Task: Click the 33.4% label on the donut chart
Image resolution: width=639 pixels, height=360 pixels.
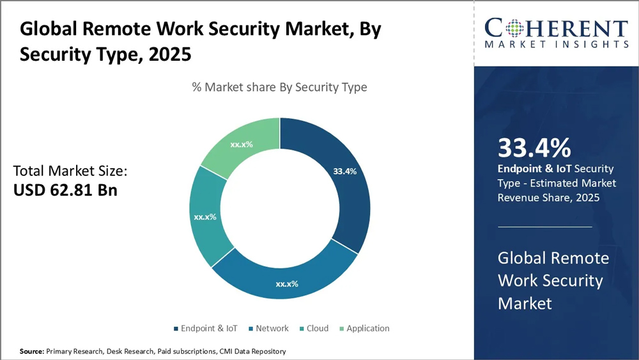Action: tap(344, 171)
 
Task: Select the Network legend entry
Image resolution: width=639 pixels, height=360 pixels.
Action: tap(272, 328)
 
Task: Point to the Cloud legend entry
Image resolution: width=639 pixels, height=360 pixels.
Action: tap(317, 328)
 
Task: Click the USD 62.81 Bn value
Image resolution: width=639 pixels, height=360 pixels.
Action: tap(65, 191)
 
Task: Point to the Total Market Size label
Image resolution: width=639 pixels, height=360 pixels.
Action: tap(70, 171)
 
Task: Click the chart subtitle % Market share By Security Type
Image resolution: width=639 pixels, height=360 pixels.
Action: tap(280, 87)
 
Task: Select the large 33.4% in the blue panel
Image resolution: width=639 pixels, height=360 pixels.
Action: tap(534, 148)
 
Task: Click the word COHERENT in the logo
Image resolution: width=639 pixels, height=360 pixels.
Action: tap(556, 28)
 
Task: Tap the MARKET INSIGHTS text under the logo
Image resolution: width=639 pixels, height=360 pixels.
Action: tap(556, 44)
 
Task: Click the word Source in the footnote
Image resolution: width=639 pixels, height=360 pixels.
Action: tap(31, 351)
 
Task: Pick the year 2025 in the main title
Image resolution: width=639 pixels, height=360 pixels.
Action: tap(169, 54)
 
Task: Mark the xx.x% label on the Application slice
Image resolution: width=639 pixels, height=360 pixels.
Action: tap(242, 145)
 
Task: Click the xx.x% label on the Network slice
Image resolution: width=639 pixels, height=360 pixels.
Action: tap(287, 283)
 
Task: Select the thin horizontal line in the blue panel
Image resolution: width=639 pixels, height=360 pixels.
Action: tap(544, 226)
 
